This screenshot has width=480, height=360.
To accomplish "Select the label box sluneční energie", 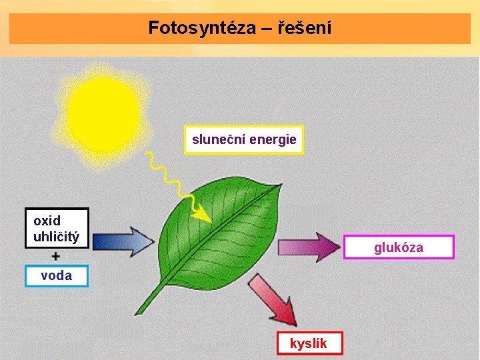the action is point(244,140).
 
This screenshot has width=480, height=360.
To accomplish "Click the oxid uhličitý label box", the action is point(57,228).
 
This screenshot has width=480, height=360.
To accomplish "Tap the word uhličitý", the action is point(57,237).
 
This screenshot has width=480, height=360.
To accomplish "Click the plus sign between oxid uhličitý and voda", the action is point(56,256).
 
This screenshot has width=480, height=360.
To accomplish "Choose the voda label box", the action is point(57,275).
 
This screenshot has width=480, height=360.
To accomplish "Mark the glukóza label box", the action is point(399,247).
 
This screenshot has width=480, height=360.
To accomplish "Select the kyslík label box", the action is point(309,343).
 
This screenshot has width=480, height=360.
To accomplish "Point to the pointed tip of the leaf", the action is point(279,184).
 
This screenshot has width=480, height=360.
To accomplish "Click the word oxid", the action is point(47,221).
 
